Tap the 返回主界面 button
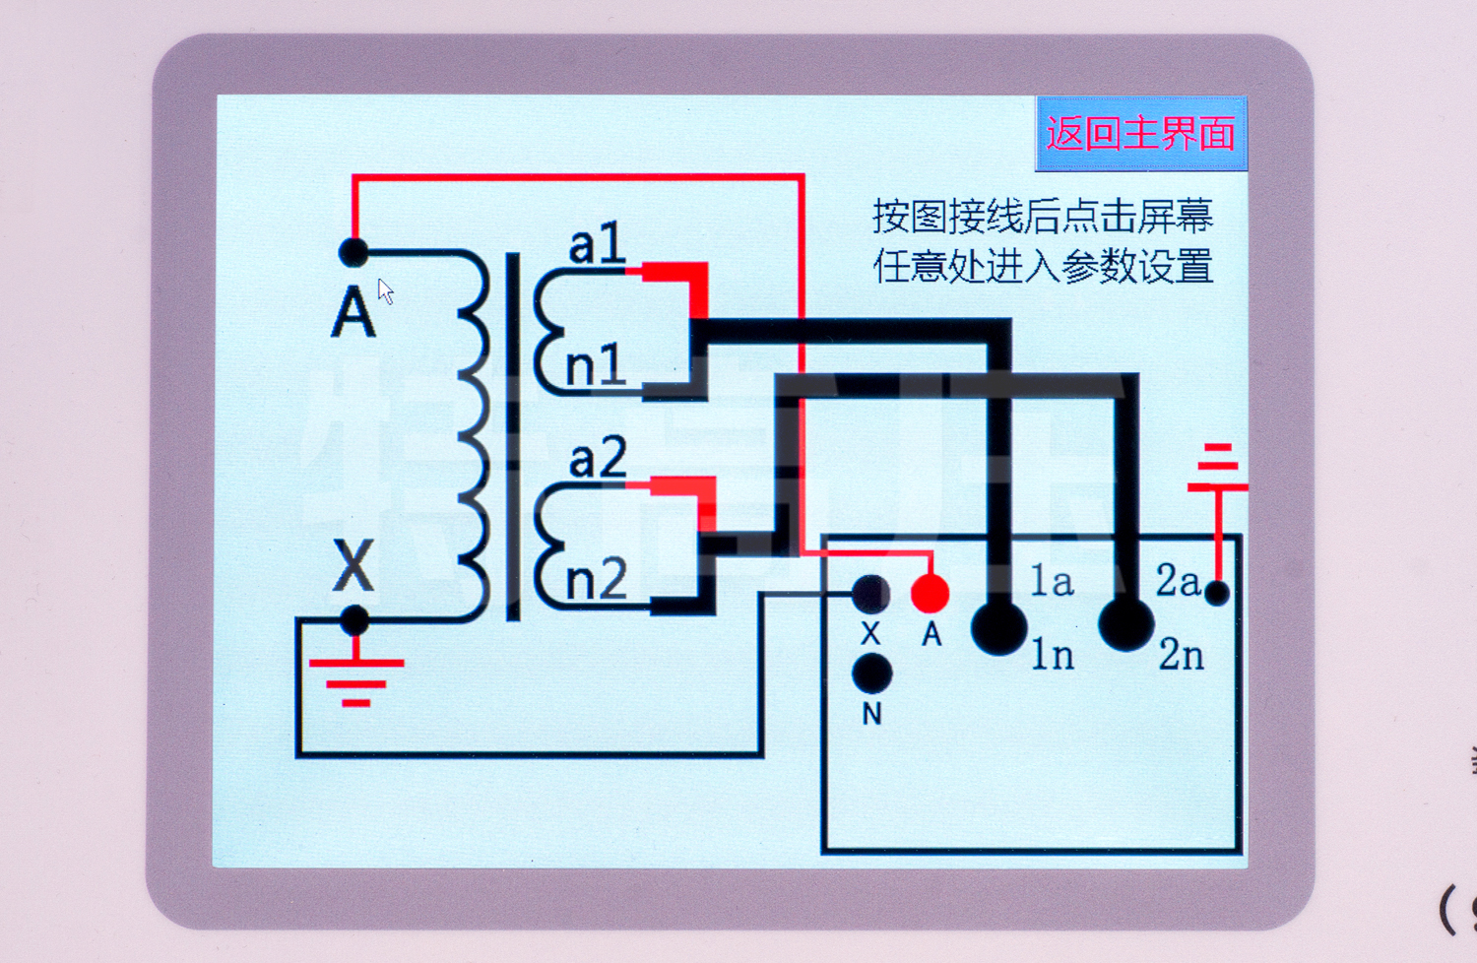tap(1141, 133)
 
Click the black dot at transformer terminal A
tap(353, 252)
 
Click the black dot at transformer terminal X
tap(354, 620)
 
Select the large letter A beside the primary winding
tap(353, 313)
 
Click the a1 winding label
tap(597, 244)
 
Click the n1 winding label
tap(596, 366)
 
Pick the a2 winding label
tap(597, 459)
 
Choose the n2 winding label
tap(596, 579)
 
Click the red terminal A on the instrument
tap(930, 594)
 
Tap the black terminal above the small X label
tap(870, 594)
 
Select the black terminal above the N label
tap(871, 674)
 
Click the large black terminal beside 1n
tap(998, 627)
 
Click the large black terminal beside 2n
tap(1125, 623)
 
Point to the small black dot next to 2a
tap(1217, 593)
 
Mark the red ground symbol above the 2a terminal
tap(1218, 468)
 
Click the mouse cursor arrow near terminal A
tap(385, 291)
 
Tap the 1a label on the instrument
tap(1052, 581)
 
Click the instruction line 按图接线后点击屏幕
tap(1042, 216)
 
